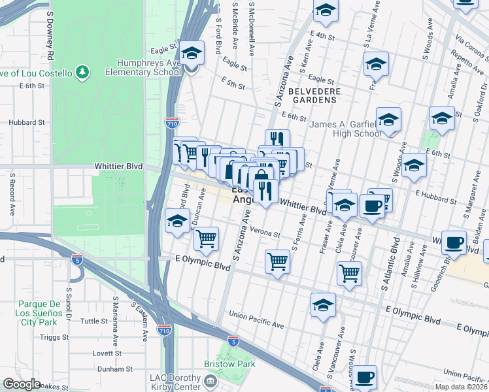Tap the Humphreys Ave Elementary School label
[x=148, y=67]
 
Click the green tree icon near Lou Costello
[x=82, y=71]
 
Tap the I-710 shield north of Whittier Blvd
[x=169, y=123]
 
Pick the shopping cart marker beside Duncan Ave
[x=207, y=239]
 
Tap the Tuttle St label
[x=93, y=321]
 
